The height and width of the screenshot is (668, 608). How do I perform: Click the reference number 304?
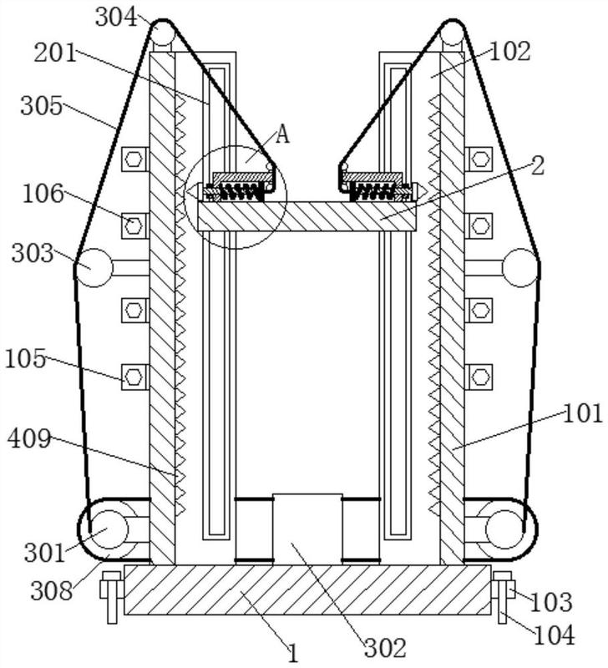pyautogui.click(x=116, y=18)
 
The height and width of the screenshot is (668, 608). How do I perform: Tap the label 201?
pyautogui.click(x=55, y=53)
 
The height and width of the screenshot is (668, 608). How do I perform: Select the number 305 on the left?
pyautogui.click(x=42, y=105)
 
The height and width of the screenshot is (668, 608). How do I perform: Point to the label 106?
pyautogui.click(x=43, y=194)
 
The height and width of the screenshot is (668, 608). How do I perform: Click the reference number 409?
pyautogui.click(x=29, y=438)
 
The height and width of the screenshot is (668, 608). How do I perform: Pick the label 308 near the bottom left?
pyautogui.click(x=52, y=591)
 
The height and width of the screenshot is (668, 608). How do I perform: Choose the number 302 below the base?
pyautogui.click(x=385, y=649)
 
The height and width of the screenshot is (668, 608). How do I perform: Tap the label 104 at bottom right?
pyautogui.click(x=555, y=635)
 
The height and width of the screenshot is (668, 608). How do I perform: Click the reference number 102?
pyautogui.click(x=510, y=52)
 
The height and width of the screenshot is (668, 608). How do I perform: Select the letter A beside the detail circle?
pyautogui.click(x=282, y=134)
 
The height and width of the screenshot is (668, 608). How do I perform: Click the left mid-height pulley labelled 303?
pyautogui.click(x=94, y=267)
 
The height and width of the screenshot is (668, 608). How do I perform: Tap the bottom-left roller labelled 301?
pyautogui.click(x=109, y=529)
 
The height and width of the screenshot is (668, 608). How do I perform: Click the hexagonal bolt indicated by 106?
pyautogui.click(x=134, y=225)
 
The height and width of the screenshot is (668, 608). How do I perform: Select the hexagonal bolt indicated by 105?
pyautogui.click(x=134, y=377)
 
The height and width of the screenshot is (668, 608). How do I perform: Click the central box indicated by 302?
pyautogui.click(x=307, y=529)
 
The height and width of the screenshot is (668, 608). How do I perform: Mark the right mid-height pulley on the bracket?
pyautogui.click(x=520, y=267)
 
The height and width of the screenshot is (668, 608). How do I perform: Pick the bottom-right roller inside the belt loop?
pyautogui.click(x=504, y=529)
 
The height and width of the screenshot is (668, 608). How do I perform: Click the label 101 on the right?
pyautogui.click(x=583, y=413)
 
